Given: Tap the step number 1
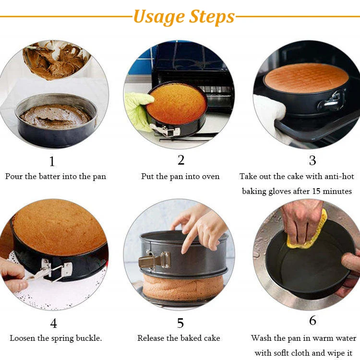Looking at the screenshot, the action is (x=52, y=161).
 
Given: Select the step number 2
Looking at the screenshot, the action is (x=181, y=160).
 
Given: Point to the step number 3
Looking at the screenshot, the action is (x=312, y=160).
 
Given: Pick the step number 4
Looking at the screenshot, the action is (x=53, y=323).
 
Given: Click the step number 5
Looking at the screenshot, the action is (x=180, y=323).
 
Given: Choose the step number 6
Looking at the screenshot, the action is (x=312, y=320).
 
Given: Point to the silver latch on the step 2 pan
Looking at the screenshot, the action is (x=165, y=130).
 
